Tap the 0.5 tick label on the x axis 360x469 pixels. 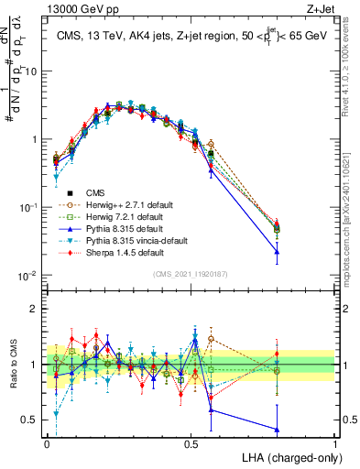[x=191, y=442]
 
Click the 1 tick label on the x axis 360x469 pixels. [x=334, y=442]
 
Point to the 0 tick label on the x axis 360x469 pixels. [x=47, y=442]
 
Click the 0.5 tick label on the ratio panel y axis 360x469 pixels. [x=32, y=420]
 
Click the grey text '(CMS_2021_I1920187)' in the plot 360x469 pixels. [x=191, y=274]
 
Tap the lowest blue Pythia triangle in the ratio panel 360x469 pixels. [x=278, y=430]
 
